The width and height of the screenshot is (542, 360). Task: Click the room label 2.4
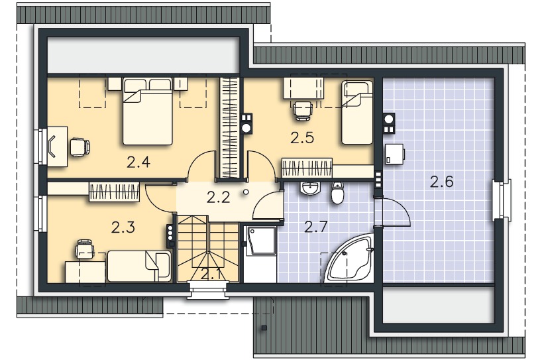tap(138, 162)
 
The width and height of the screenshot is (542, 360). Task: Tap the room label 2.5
tap(302, 138)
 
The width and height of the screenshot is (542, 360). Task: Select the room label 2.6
tap(441, 182)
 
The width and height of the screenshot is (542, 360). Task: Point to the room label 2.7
tap(316, 227)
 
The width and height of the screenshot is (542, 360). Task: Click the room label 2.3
tap(123, 227)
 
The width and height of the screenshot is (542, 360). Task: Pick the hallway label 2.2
tap(219, 198)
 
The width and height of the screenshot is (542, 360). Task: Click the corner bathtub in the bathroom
tap(349, 259)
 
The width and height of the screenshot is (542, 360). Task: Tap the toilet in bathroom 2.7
tap(337, 193)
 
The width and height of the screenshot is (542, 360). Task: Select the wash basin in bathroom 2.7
tap(310, 188)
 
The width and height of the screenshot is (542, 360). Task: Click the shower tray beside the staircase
tap(260, 241)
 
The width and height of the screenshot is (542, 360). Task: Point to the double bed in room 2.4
tap(148, 111)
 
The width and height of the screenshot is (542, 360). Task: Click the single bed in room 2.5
tap(357, 113)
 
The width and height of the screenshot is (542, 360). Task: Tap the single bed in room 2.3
tap(139, 267)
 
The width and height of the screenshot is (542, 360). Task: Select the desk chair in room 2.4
tap(80, 147)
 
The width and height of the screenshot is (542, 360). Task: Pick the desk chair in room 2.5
tap(303, 110)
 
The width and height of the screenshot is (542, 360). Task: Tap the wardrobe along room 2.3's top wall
tap(115, 192)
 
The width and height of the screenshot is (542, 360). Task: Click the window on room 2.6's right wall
tap(502, 200)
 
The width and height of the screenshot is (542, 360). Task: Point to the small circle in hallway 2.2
tap(245, 192)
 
